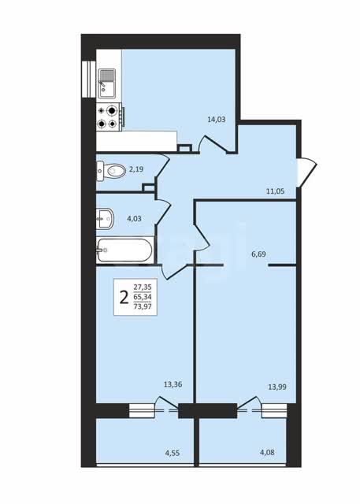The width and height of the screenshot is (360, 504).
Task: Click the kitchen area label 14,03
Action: (217, 120)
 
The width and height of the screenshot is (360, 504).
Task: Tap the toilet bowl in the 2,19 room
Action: (111, 171)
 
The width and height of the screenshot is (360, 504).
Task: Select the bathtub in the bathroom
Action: (124, 250)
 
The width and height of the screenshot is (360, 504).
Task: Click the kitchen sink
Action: (107, 83)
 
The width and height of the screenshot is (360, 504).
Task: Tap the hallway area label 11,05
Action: (275, 191)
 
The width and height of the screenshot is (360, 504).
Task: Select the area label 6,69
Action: (258, 254)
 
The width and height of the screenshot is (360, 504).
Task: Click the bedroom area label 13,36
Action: (173, 384)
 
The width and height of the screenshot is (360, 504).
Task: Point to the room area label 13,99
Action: (277, 387)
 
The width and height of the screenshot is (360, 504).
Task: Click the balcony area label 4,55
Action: (173, 454)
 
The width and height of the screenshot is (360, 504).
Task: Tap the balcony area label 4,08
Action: (267, 454)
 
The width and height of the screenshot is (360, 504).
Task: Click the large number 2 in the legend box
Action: (124, 298)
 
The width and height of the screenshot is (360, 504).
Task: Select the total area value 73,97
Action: (143, 306)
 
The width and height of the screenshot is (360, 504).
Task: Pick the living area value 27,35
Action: (143, 287)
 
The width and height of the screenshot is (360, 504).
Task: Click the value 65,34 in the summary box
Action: (143, 297)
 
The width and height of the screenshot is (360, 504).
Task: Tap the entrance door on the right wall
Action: (306, 172)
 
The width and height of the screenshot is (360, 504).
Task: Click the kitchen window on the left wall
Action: (89, 79)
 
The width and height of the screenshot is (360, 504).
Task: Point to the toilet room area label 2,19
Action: (136, 169)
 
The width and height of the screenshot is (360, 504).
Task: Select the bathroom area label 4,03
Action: (134, 219)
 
